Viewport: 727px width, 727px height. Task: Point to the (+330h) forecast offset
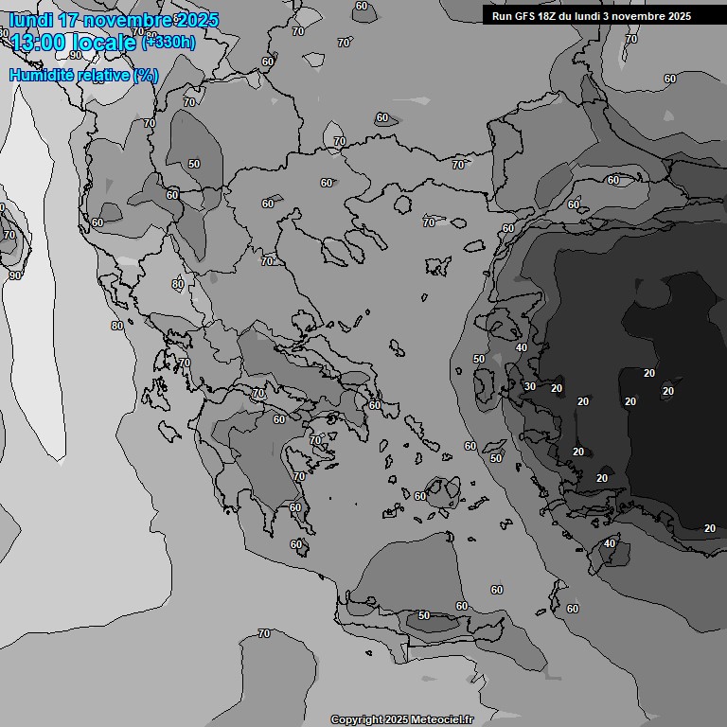click(x=168, y=43)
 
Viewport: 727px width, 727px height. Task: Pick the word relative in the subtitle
click(x=105, y=75)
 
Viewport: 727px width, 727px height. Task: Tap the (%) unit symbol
click(x=147, y=75)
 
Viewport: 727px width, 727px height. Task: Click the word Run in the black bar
click(x=503, y=16)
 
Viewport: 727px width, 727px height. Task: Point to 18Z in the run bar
click(x=552, y=16)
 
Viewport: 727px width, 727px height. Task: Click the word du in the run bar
click(x=575, y=16)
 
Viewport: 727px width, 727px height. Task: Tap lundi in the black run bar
click(x=597, y=16)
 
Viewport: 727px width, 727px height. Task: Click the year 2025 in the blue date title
click(x=194, y=20)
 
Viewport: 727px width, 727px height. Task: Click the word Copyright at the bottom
click(x=357, y=719)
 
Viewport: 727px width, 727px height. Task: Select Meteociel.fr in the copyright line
click(x=442, y=719)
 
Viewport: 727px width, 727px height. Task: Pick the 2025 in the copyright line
click(x=397, y=719)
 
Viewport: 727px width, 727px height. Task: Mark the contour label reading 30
click(x=529, y=386)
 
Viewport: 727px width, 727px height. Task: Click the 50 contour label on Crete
click(x=424, y=615)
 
